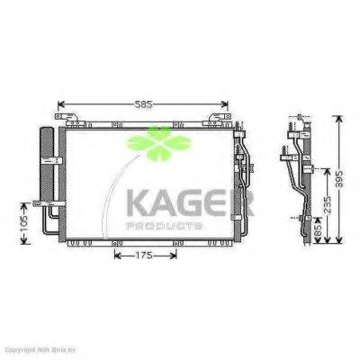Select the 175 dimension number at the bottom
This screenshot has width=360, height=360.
coord(138,256)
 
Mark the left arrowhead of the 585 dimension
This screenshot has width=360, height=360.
coord(59,103)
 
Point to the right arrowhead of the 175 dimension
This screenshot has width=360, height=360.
coord(176,256)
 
